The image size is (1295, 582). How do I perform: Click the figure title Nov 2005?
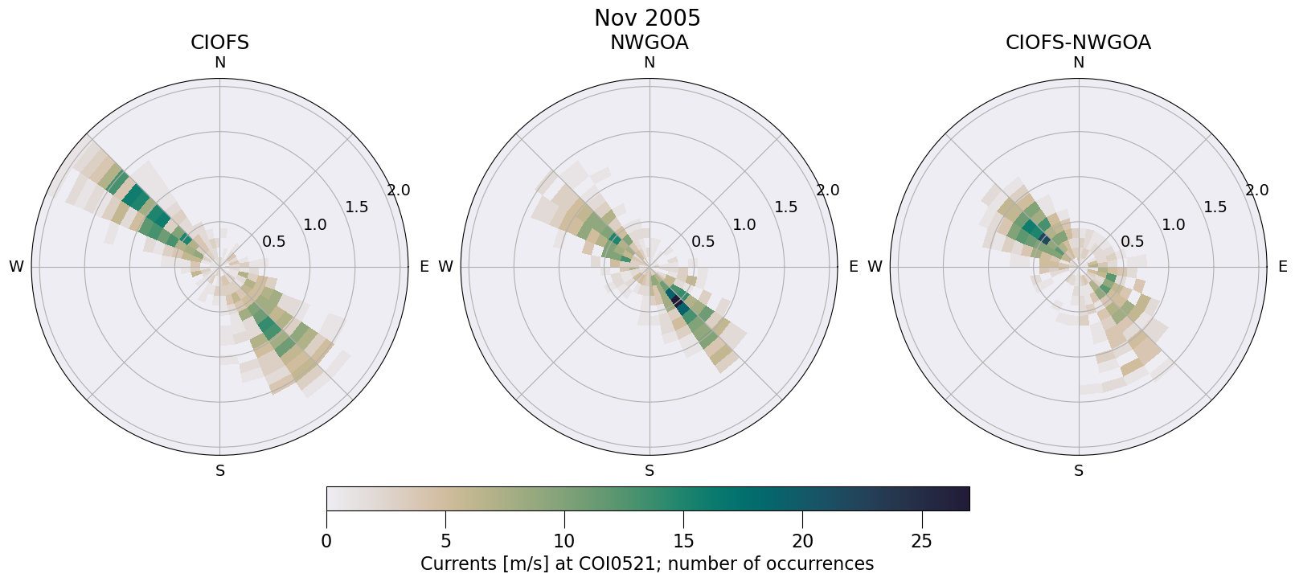[647, 18]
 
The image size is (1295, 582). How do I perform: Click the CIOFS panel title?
[219, 43]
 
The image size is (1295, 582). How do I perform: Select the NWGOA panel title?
[649, 43]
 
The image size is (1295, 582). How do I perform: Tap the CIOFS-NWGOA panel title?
[1078, 43]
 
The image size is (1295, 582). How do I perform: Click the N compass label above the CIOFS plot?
[219, 63]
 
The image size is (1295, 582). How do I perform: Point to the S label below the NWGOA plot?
[650, 471]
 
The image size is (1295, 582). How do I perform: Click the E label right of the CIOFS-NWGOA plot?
[1283, 267]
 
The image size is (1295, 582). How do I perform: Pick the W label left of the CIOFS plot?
[16, 267]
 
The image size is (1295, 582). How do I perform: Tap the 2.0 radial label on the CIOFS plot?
[398, 191]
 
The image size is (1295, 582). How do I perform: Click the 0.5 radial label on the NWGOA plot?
[703, 241]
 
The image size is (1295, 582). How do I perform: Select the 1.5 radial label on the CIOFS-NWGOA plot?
[1215, 207]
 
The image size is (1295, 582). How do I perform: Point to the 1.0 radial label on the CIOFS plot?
[315, 225]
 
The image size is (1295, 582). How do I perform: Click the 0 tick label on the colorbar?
[326, 541]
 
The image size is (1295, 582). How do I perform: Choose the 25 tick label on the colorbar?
[921, 541]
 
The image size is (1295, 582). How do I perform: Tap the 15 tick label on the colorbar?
[683, 541]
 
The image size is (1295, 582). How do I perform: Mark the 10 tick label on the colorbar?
[564, 541]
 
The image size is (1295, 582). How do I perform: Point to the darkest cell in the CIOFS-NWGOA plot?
[1045, 239]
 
